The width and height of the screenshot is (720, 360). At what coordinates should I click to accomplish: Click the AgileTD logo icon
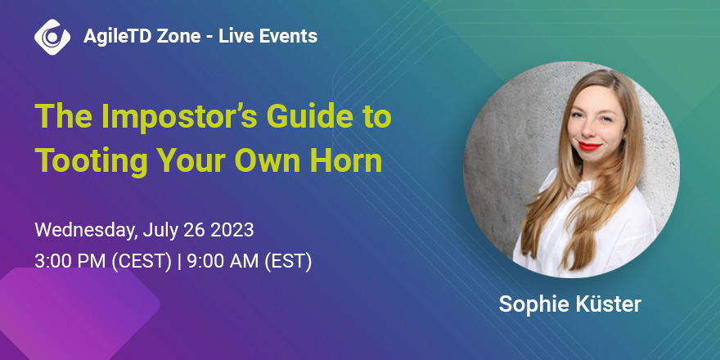click(x=52, y=37)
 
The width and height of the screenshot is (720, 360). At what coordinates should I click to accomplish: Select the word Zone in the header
click(x=178, y=36)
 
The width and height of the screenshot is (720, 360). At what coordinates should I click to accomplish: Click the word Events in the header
click(x=288, y=36)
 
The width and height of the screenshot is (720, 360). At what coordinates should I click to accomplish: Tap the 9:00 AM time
click(x=215, y=262)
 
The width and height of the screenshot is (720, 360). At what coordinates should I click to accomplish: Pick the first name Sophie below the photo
click(x=529, y=305)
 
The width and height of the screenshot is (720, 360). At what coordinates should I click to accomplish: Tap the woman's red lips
click(x=590, y=146)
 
